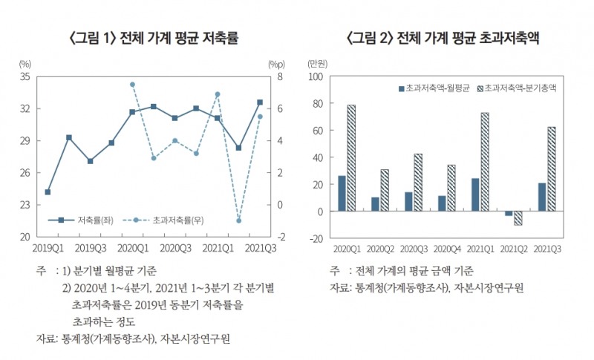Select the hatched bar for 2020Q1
click(350, 158)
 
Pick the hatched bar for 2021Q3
click(551, 169)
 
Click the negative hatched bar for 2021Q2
click(518, 218)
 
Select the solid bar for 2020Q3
click(408, 202)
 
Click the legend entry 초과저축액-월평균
click(434, 88)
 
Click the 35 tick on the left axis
click(25, 76)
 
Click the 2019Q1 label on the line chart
click(48, 247)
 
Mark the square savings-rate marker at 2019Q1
click(48, 192)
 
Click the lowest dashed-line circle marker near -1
click(239, 220)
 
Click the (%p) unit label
click(276, 63)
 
